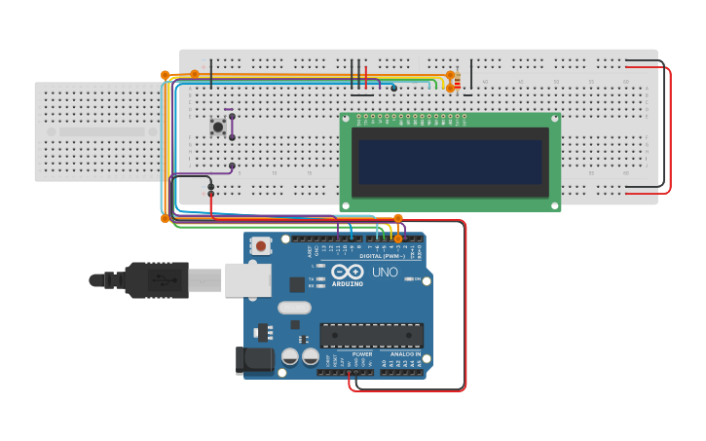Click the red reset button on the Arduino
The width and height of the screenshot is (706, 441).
(x=259, y=245)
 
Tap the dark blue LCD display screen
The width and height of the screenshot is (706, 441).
(x=449, y=162)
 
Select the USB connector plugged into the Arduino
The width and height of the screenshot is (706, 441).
(x=247, y=279)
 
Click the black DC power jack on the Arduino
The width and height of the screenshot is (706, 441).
(x=255, y=359)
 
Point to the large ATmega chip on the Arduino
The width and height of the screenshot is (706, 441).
(x=371, y=335)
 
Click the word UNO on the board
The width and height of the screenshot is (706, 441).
(x=385, y=273)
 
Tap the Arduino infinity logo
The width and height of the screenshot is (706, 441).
(x=348, y=272)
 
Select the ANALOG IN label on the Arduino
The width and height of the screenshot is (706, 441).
(x=405, y=354)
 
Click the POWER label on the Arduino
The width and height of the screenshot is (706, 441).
(x=349, y=354)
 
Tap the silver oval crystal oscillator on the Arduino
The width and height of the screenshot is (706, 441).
(x=294, y=308)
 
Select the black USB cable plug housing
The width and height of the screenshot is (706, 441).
(x=155, y=280)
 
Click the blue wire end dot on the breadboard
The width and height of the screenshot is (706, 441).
(x=393, y=88)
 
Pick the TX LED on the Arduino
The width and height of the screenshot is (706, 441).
(x=320, y=279)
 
